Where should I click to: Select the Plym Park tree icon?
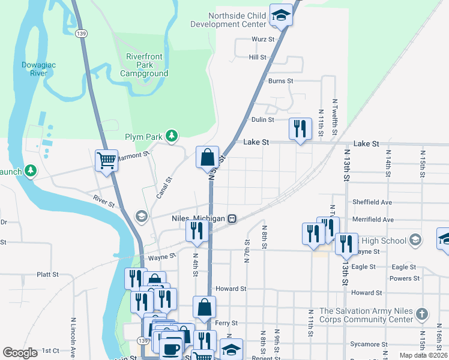(x=172, y=136)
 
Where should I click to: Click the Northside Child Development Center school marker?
(x=280, y=16)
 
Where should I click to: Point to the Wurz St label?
(x=263, y=40)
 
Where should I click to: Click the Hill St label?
(x=258, y=57)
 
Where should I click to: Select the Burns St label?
(x=280, y=80)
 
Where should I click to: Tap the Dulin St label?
(x=262, y=119)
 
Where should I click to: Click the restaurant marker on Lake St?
(x=300, y=129)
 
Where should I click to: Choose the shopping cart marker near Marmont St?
(x=106, y=160)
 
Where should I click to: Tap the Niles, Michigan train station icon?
(x=231, y=218)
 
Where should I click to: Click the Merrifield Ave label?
(x=373, y=220)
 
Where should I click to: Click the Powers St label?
(x=405, y=278)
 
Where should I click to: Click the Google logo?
(x=20, y=353)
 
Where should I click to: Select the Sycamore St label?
(x=370, y=344)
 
